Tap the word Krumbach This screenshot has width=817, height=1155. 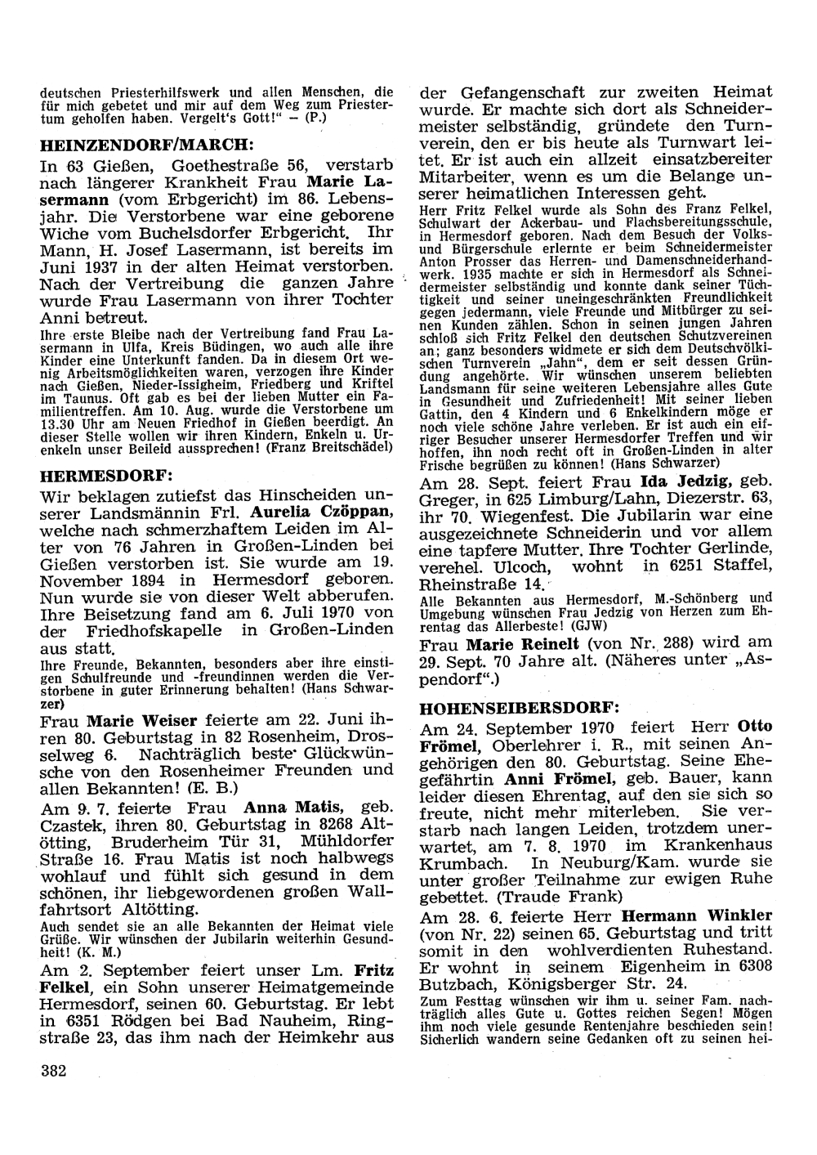click(458, 862)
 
